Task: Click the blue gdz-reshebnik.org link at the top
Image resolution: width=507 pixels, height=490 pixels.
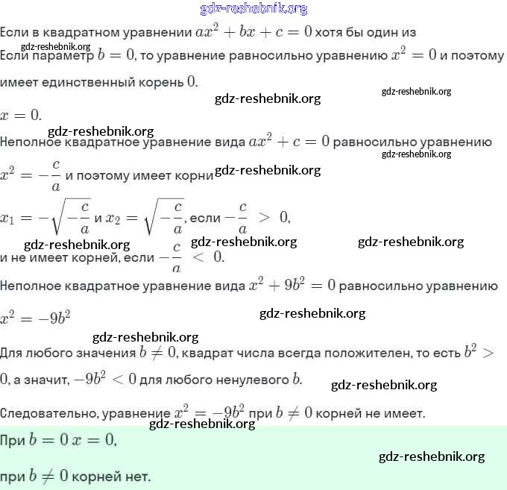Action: (x=253, y=8)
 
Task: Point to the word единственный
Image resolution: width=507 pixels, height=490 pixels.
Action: (x=86, y=81)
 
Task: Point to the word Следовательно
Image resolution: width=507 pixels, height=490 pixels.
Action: (x=49, y=412)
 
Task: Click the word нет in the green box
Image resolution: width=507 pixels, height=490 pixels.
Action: (x=139, y=475)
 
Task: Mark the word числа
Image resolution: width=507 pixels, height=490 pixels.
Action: (x=266, y=353)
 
